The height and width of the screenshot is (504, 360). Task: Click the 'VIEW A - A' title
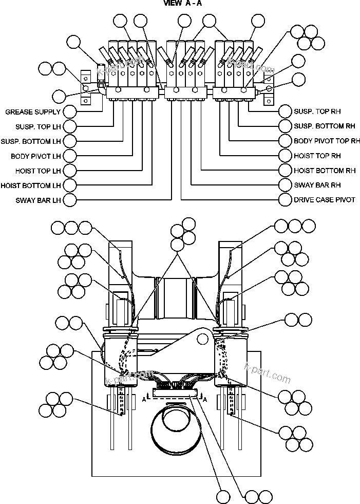click(x=183, y=3)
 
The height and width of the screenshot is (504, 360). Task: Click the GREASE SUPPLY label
click(x=33, y=111)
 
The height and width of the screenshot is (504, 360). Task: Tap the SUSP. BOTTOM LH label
click(x=31, y=141)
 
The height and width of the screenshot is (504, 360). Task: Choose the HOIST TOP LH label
click(x=37, y=171)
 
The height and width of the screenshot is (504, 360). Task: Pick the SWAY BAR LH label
click(x=39, y=200)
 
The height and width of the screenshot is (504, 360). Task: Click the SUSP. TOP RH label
click(x=317, y=111)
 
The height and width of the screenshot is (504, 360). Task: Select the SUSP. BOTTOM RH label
click(x=324, y=126)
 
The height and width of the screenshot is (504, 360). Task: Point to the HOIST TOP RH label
click(x=317, y=156)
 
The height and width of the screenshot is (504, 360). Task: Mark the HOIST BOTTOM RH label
click(x=324, y=170)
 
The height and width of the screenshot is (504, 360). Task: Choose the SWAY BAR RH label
click(x=317, y=185)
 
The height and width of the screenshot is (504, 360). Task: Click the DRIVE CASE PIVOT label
click(x=324, y=200)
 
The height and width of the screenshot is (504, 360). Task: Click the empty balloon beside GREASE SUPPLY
click(x=69, y=111)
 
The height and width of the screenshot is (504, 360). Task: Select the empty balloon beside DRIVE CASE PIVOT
click(x=286, y=199)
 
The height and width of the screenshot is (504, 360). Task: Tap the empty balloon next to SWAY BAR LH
click(x=69, y=200)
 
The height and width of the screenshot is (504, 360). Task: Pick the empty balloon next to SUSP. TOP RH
click(x=286, y=111)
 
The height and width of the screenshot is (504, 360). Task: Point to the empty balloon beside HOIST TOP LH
click(x=69, y=170)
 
